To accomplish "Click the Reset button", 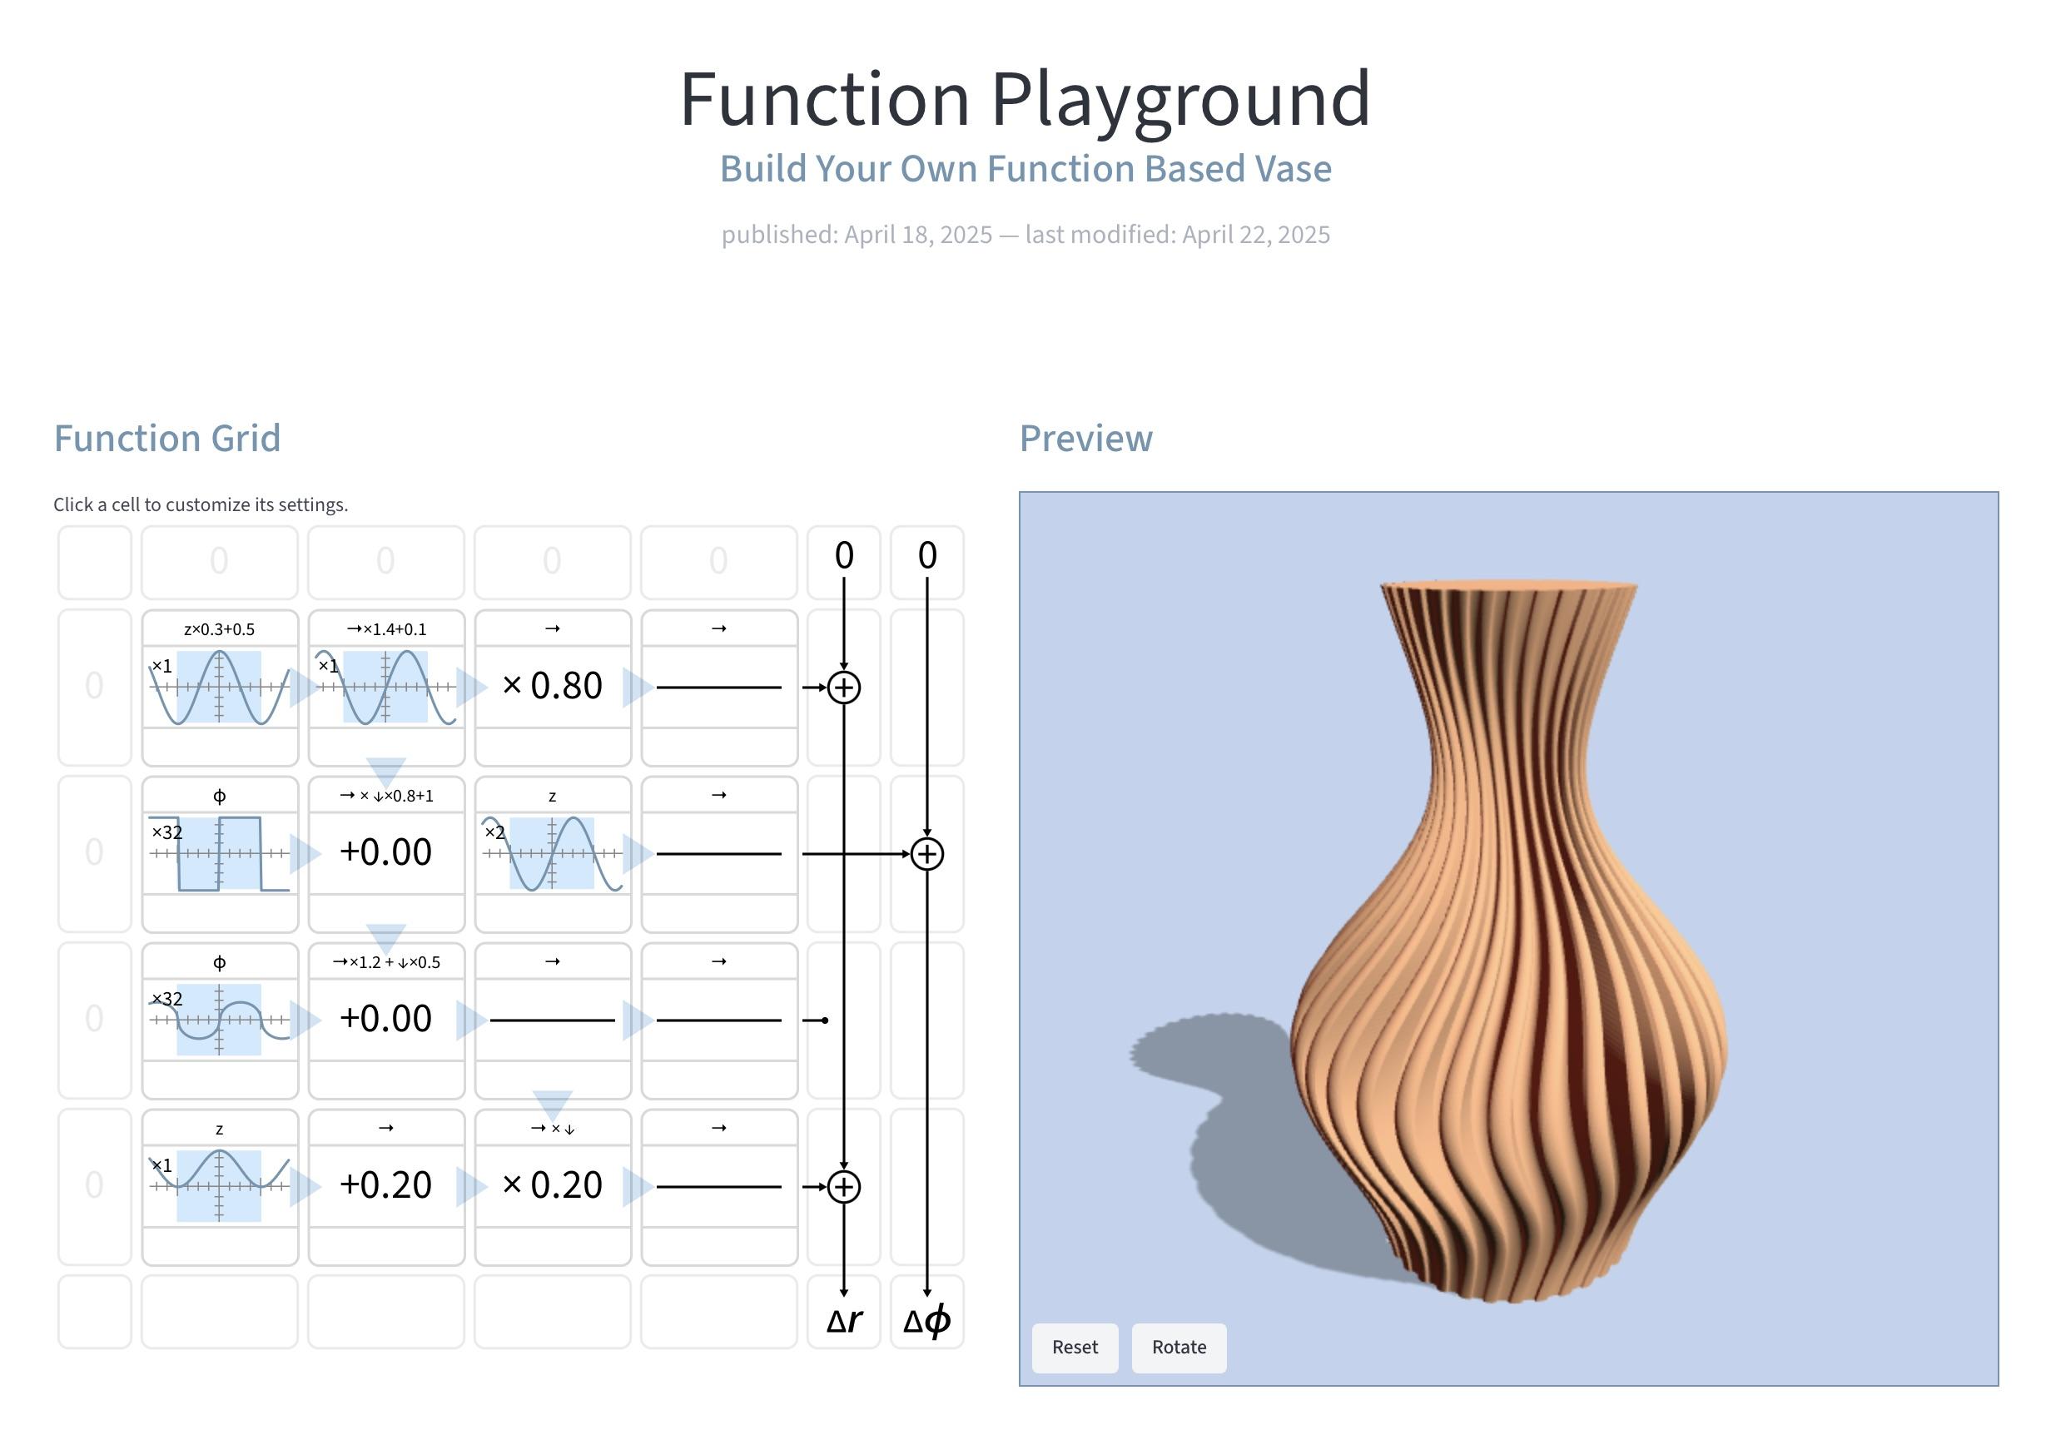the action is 1075,1347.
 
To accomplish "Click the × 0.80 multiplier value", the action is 553,686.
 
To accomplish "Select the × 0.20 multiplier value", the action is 553,1185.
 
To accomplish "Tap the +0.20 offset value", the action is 386,1185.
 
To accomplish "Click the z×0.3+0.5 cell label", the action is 219,629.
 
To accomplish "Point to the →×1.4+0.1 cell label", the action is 386,629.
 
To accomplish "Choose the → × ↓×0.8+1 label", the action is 386,796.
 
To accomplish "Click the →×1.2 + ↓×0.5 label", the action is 386,962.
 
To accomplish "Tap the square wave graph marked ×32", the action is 219,854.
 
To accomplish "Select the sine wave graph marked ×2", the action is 553,854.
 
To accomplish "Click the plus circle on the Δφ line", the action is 926,854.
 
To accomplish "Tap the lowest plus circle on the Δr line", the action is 844,1187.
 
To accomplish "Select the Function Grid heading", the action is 167,439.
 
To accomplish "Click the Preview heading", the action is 1086,439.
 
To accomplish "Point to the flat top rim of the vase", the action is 1508,584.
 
